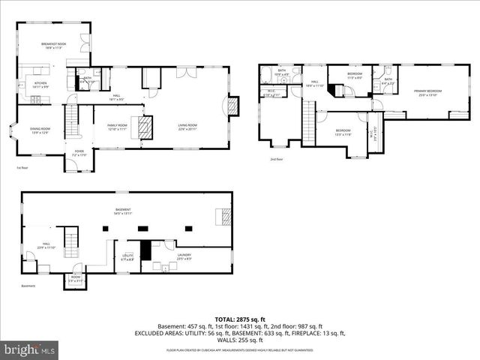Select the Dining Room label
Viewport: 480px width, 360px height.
39,130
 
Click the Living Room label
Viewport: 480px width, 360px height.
187,127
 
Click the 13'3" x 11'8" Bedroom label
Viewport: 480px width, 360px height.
343,131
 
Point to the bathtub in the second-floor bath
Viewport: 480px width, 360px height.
265,74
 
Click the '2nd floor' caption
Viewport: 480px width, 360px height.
277,159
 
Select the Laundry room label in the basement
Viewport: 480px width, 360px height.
184,256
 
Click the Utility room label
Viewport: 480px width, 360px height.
127,257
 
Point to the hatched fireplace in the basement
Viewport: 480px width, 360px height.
224,217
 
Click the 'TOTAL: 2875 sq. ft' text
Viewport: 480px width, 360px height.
239,319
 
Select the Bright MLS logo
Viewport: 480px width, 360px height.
30,349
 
